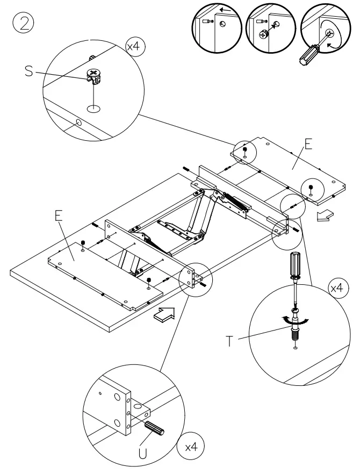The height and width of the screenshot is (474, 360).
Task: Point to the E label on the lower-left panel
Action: (x=59, y=215)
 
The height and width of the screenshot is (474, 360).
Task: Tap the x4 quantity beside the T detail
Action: (x=336, y=289)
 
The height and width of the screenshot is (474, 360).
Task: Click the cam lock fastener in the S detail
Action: (x=93, y=77)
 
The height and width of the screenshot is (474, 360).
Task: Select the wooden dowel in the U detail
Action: (x=156, y=430)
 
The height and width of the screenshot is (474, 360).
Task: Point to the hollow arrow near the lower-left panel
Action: (x=164, y=315)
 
